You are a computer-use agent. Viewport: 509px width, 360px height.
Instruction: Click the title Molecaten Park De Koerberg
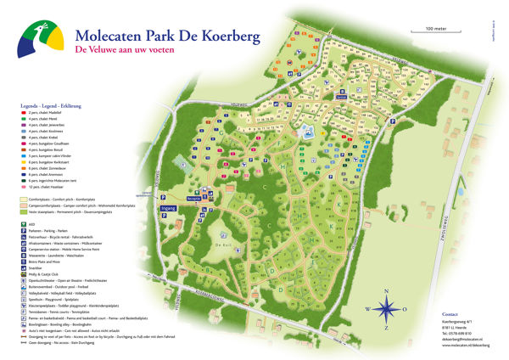coord(168,36)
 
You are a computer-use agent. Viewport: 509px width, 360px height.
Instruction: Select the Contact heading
coord(450,313)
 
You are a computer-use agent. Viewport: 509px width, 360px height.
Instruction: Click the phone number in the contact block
coord(463,334)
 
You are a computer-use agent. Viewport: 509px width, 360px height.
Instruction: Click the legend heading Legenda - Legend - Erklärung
coord(55,106)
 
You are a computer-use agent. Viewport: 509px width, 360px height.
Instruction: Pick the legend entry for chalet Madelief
coord(51,113)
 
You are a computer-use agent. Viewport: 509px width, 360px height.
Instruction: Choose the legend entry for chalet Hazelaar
coord(51,187)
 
